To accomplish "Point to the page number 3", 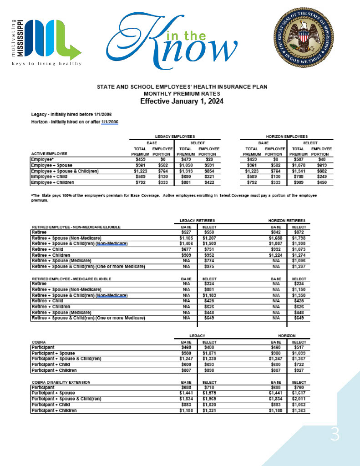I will (x=335, y=436).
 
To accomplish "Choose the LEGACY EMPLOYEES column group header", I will (x=175, y=136).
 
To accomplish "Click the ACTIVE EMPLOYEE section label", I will (x=49, y=154).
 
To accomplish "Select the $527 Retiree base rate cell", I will (x=185, y=232).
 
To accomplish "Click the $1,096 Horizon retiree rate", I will (x=299, y=261).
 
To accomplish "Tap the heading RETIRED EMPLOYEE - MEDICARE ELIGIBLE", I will (x=71, y=279).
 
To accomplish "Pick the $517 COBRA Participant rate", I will (x=299, y=347).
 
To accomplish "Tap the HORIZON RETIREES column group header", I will (x=287, y=221).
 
